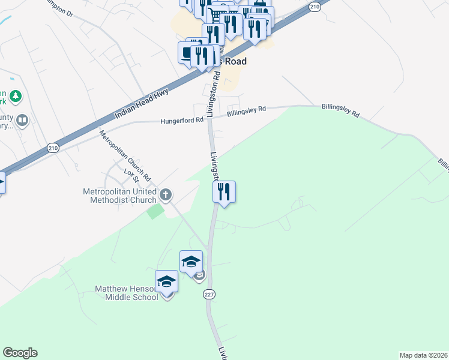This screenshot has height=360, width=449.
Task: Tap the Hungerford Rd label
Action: (182, 121)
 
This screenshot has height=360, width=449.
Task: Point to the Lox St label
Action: (131, 175)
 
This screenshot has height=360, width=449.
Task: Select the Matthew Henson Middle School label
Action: (126, 293)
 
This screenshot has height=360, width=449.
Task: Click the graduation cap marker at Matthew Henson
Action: (166, 281)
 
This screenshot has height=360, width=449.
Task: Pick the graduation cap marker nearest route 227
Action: (191, 261)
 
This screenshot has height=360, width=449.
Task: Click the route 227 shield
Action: (208, 294)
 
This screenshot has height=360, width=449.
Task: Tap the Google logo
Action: (20, 353)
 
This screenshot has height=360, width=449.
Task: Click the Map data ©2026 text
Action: (423, 355)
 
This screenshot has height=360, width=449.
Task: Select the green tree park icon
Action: (16, 95)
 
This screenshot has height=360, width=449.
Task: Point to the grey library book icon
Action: (22, 121)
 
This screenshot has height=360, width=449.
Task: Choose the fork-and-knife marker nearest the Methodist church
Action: (224, 192)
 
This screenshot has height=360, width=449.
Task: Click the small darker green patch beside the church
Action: (155, 211)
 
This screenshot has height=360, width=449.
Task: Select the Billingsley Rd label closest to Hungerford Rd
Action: (246, 111)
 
